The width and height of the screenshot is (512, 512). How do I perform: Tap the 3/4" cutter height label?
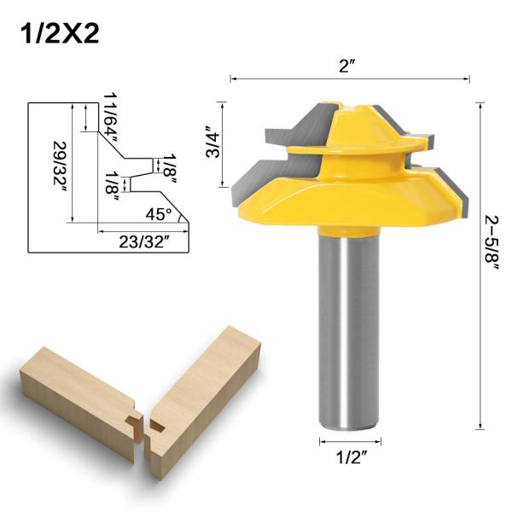click(213, 142)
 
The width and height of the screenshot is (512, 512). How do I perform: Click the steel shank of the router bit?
click(350, 333)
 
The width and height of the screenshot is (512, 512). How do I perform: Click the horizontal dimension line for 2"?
click(282, 79)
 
